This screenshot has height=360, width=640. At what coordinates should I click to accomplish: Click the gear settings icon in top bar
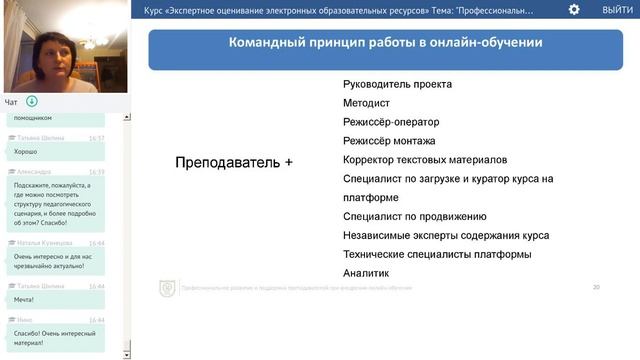click(574, 9)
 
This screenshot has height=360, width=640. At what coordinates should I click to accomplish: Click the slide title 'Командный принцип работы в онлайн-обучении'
click(385, 44)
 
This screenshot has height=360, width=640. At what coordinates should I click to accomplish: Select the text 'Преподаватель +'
click(234, 161)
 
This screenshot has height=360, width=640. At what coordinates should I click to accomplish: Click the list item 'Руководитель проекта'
click(397, 84)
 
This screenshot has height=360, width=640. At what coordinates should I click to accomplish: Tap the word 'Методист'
click(366, 103)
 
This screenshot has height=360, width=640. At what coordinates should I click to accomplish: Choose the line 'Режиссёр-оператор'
click(390, 122)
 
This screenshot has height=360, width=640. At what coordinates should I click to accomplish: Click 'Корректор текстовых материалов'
click(425, 160)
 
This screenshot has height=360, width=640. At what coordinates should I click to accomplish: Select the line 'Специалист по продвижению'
click(414, 216)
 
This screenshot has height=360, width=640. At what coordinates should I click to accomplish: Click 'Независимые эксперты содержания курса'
click(445, 235)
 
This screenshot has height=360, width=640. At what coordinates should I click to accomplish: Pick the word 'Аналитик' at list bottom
click(365, 273)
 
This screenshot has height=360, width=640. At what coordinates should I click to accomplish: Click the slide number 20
click(596, 288)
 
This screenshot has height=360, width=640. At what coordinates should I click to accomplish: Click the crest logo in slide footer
click(167, 288)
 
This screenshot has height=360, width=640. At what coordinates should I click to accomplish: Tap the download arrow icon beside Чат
click(32, 101)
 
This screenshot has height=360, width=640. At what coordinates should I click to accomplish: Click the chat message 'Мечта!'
click(24, 299)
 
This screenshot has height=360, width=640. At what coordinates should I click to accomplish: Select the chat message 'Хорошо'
click(26, 151)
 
